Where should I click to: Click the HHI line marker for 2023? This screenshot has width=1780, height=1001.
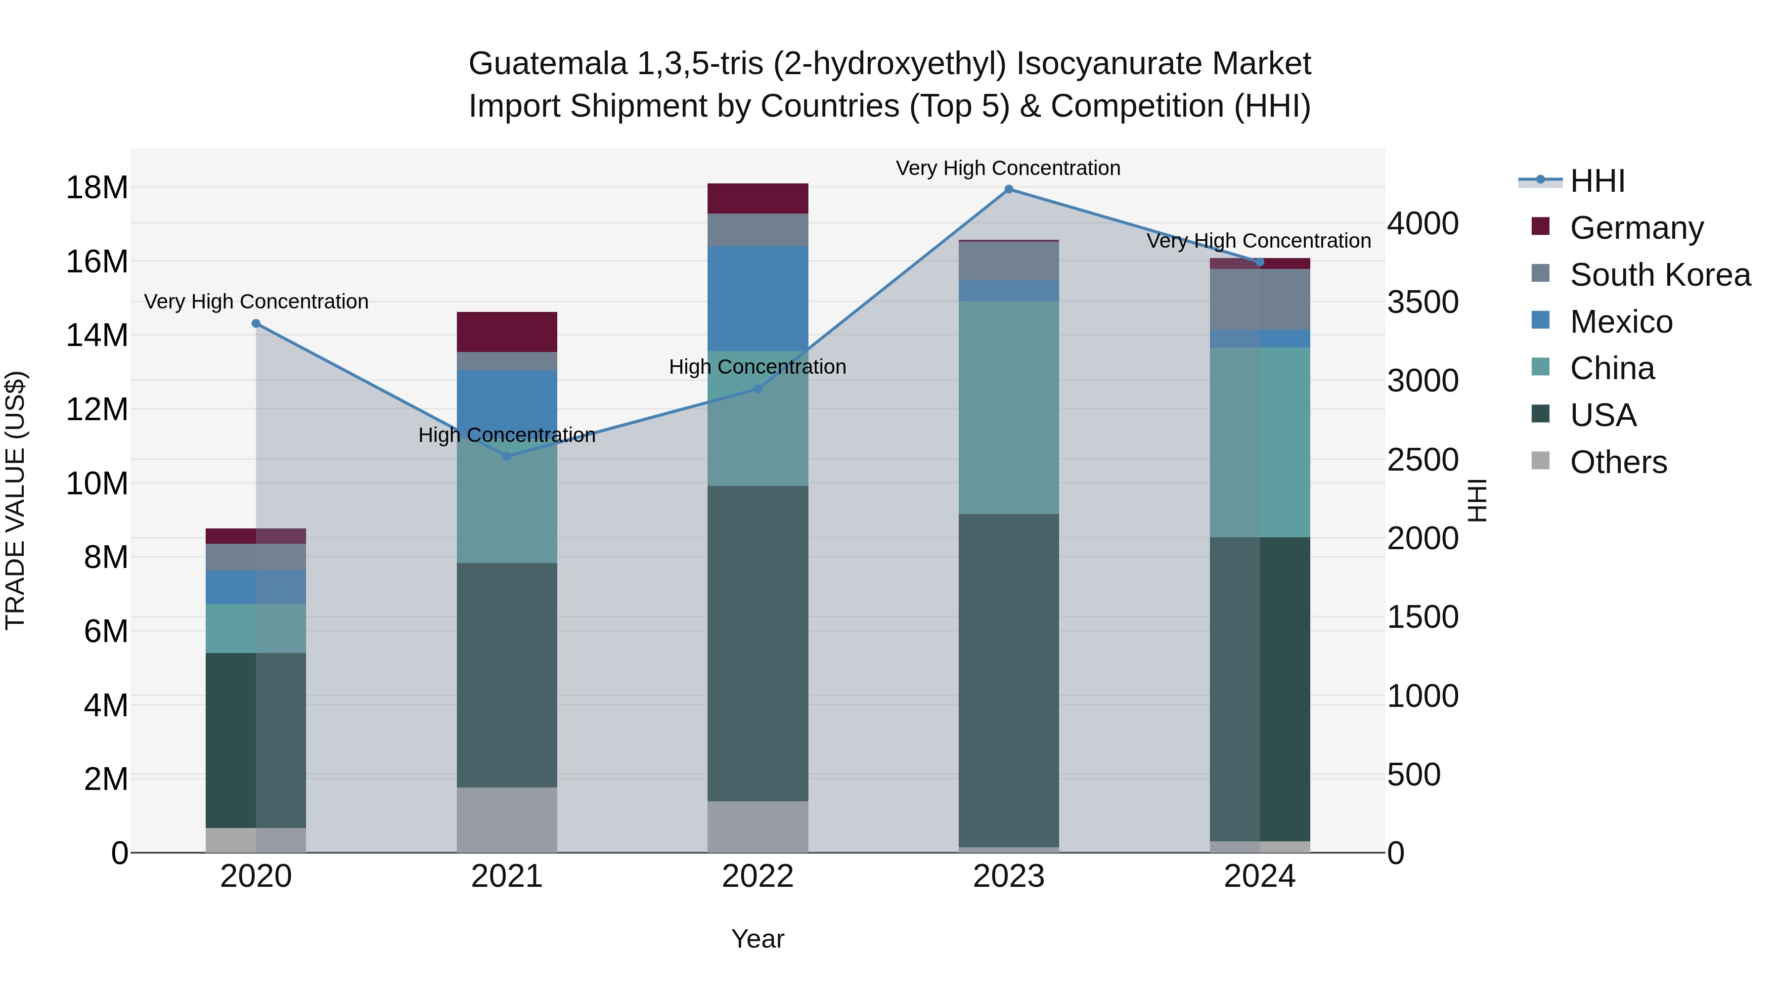1008,189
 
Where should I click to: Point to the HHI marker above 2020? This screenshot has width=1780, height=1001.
256,323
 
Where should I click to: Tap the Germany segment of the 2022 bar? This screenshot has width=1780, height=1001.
757,198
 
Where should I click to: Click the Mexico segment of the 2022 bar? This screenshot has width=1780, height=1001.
757,299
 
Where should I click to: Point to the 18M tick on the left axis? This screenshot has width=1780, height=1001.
97,188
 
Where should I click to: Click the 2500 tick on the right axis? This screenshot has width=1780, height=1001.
1423,460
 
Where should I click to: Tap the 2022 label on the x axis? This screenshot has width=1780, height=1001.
757,876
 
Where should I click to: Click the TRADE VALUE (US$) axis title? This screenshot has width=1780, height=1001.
15,500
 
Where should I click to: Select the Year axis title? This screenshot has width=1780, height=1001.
757,939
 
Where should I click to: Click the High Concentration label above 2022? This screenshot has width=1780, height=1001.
757,367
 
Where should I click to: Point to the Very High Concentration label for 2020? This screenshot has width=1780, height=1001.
256,302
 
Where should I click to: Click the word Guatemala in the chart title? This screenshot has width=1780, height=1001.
547,64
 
